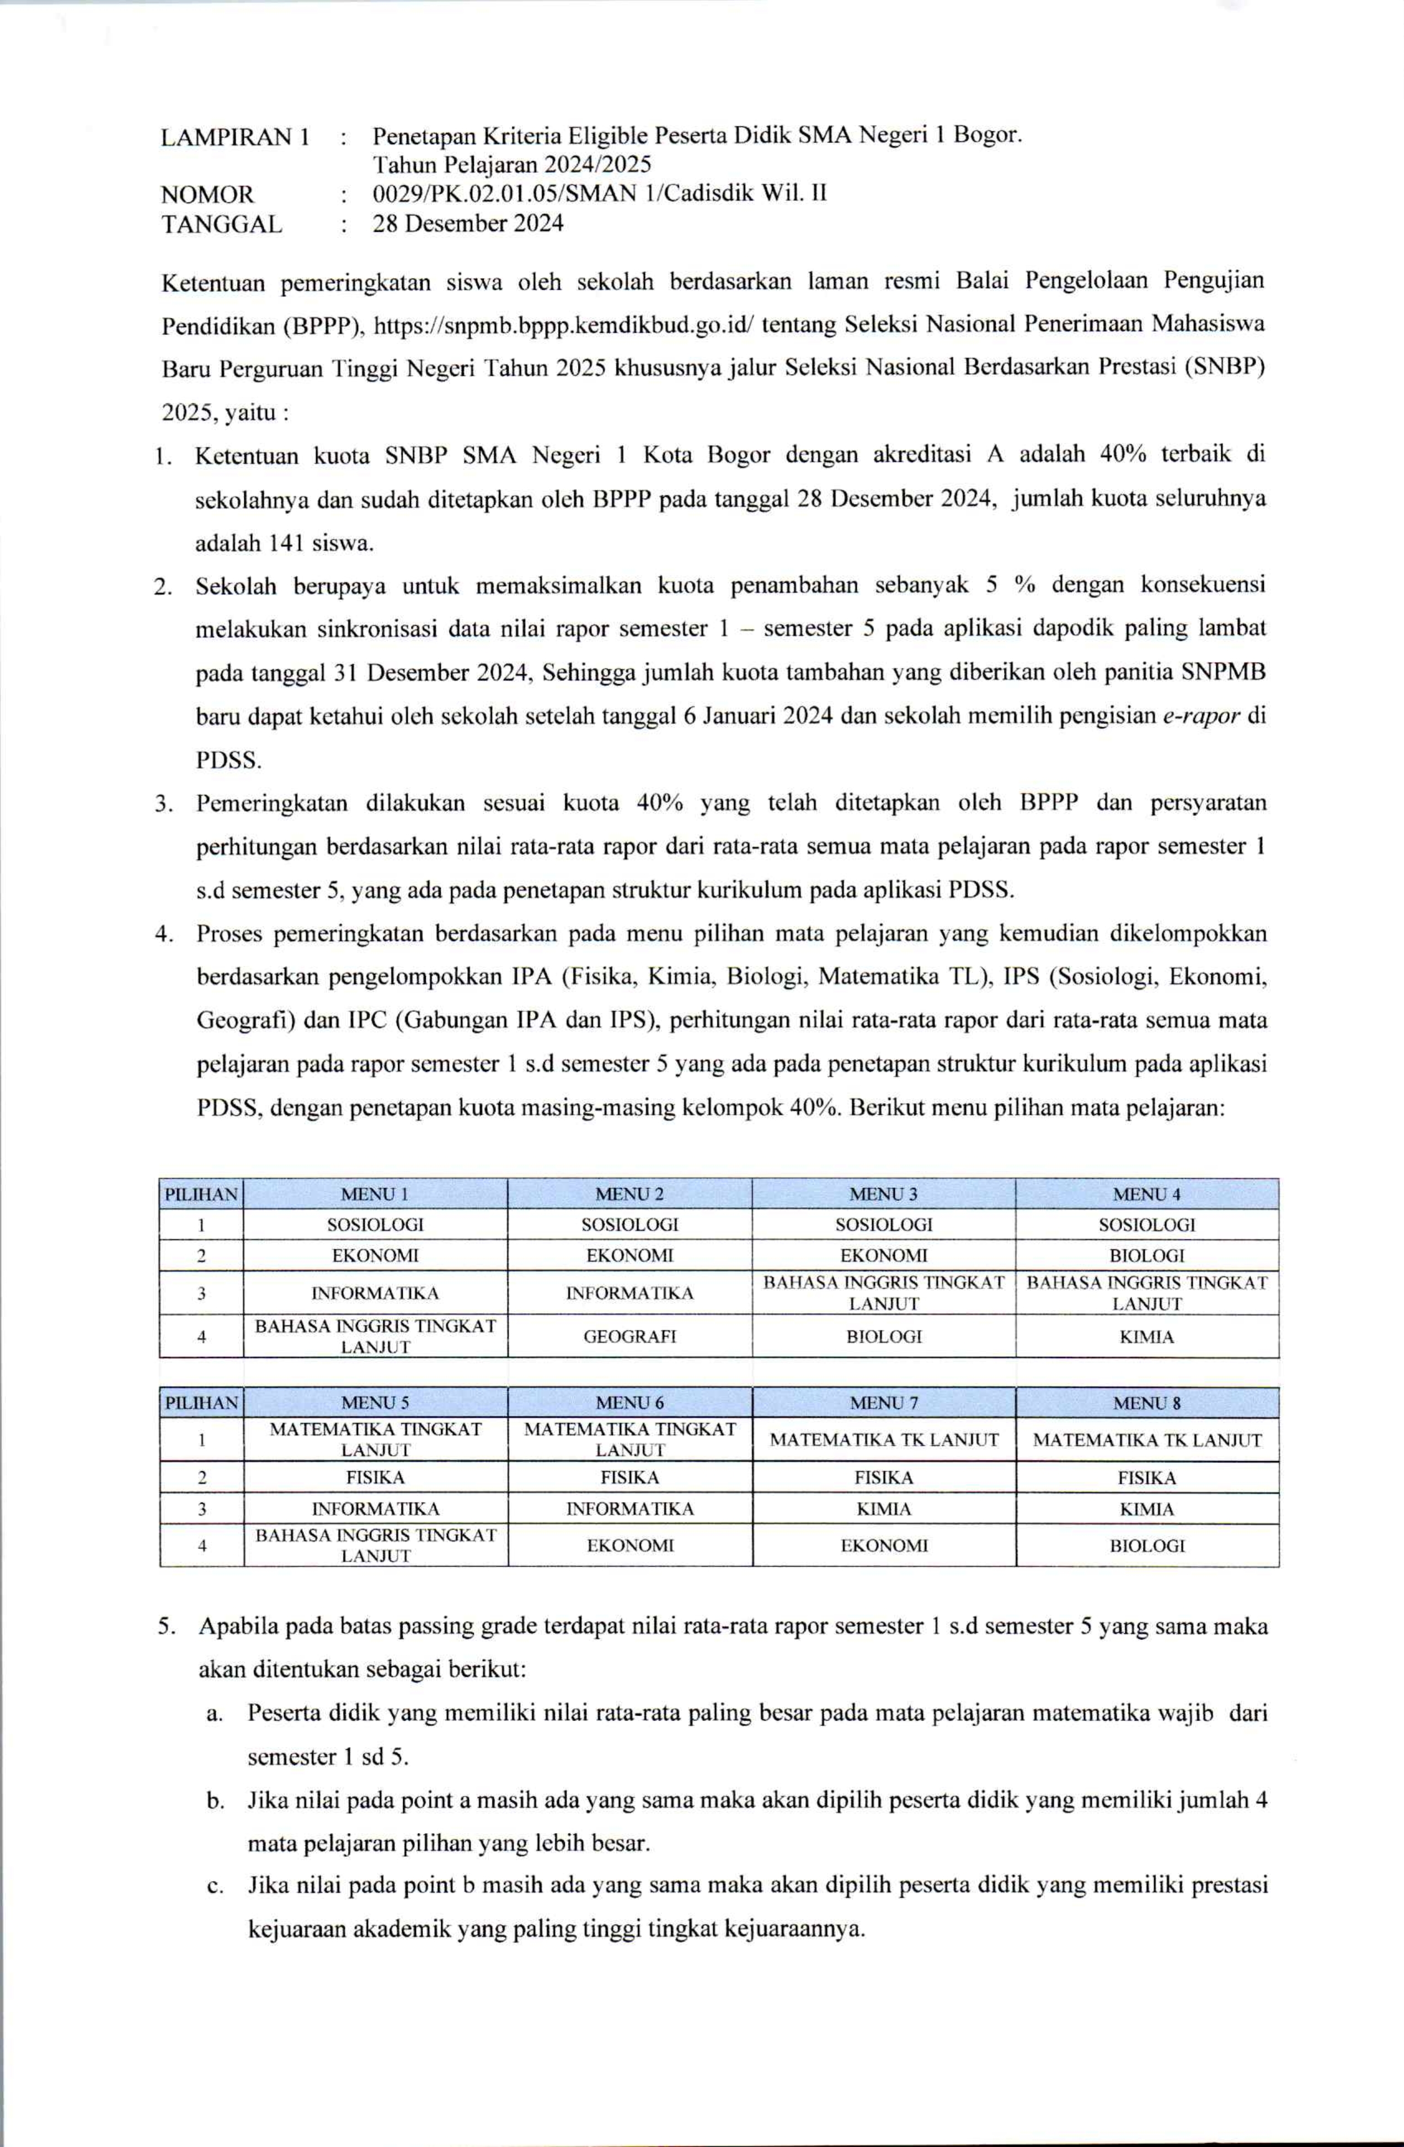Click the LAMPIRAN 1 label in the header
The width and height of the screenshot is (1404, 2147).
234,137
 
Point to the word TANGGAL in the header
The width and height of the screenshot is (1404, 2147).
221,223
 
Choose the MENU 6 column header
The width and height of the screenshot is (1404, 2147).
629,1403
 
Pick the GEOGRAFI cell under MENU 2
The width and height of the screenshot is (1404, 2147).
629,1336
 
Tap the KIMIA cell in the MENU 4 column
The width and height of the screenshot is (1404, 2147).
1146,1336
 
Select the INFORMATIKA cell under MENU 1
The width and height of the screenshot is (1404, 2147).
375,1293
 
